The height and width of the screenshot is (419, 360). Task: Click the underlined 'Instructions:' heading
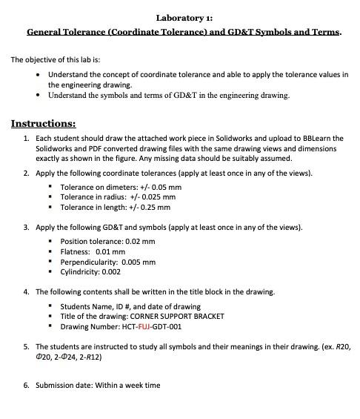[x=43, y=123]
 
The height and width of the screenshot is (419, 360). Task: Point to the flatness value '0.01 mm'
[x=110, y=251]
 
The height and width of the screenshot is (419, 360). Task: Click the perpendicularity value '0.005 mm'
[x=139, y=262]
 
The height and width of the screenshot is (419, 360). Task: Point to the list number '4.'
[x=27, y=291]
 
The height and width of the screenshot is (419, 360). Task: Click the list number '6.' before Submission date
[x=27, y=385]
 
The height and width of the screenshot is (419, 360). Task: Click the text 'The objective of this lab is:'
[x=56, y=60]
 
